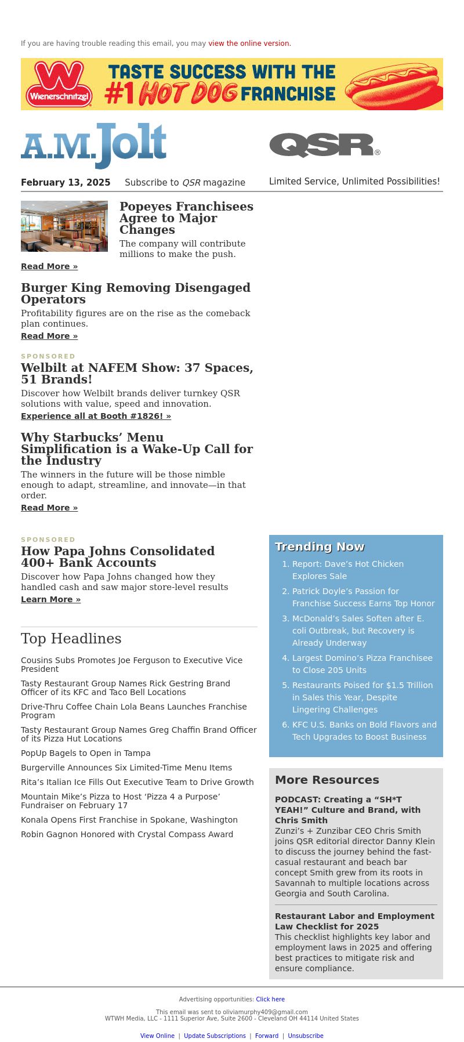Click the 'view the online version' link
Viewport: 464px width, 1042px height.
[x=249, y=44]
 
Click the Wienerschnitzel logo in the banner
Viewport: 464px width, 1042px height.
[x=59, y=85]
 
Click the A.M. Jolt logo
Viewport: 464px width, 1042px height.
[x=94, y=145]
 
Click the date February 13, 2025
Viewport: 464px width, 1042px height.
[x=66, y=183]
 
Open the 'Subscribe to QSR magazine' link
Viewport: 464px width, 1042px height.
[x=185, y=183]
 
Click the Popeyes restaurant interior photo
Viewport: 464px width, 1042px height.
[x=64, y=226]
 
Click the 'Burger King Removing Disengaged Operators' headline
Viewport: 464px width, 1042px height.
[x=136, y=294]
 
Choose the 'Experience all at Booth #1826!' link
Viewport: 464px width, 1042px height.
[x=96, y=416]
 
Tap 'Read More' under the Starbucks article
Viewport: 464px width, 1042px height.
[x=49, y=508]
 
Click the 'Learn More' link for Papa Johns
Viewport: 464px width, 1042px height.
[x=50, y=599]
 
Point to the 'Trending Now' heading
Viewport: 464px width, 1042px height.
[x=320, y=547]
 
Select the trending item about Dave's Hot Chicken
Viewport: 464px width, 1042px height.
[x=347, y=570]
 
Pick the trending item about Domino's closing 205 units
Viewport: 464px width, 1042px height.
[x=362, y=664]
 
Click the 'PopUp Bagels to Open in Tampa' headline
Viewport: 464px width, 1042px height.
[x=86, y=753]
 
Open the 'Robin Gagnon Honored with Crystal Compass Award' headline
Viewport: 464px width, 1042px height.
[x=127, y=834]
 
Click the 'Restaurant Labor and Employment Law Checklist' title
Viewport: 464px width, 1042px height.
[x=354, y=921]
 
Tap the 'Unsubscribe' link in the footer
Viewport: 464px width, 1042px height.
[x=306, y=1036]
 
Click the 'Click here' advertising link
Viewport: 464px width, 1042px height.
[x=270, y=999]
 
